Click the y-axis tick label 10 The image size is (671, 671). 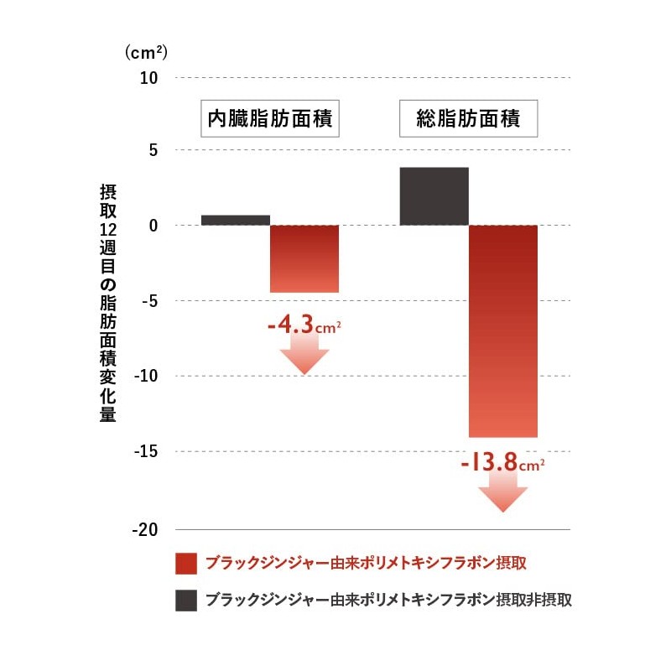click(x=148, y=78)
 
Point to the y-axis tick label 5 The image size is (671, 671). click(x=153, y=151)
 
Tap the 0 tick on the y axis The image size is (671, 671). click(x=153, y=226)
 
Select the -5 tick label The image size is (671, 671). click(x=149, y=300)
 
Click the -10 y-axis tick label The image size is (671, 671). click(x=146, y=376)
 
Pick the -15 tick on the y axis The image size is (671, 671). click(x=146, y=451)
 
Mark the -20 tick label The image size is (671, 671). click(x=146, y=529)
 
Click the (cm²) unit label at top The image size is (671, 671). click(x=146, y=52)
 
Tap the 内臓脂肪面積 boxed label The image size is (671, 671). click(x=270, y=120)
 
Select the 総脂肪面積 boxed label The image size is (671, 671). click(x=468, y=120)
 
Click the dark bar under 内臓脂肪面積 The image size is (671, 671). click(x=236, y=220)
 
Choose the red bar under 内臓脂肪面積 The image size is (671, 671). click(x=304, y=258)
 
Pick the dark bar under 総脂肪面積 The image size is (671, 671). click(x=434, y=196)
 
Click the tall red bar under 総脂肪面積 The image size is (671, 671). click(x=502, y=330)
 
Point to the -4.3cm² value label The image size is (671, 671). click(x=304, y=324)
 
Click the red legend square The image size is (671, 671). click(x=185, y=563)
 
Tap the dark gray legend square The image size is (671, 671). click(x=185, y=601)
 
